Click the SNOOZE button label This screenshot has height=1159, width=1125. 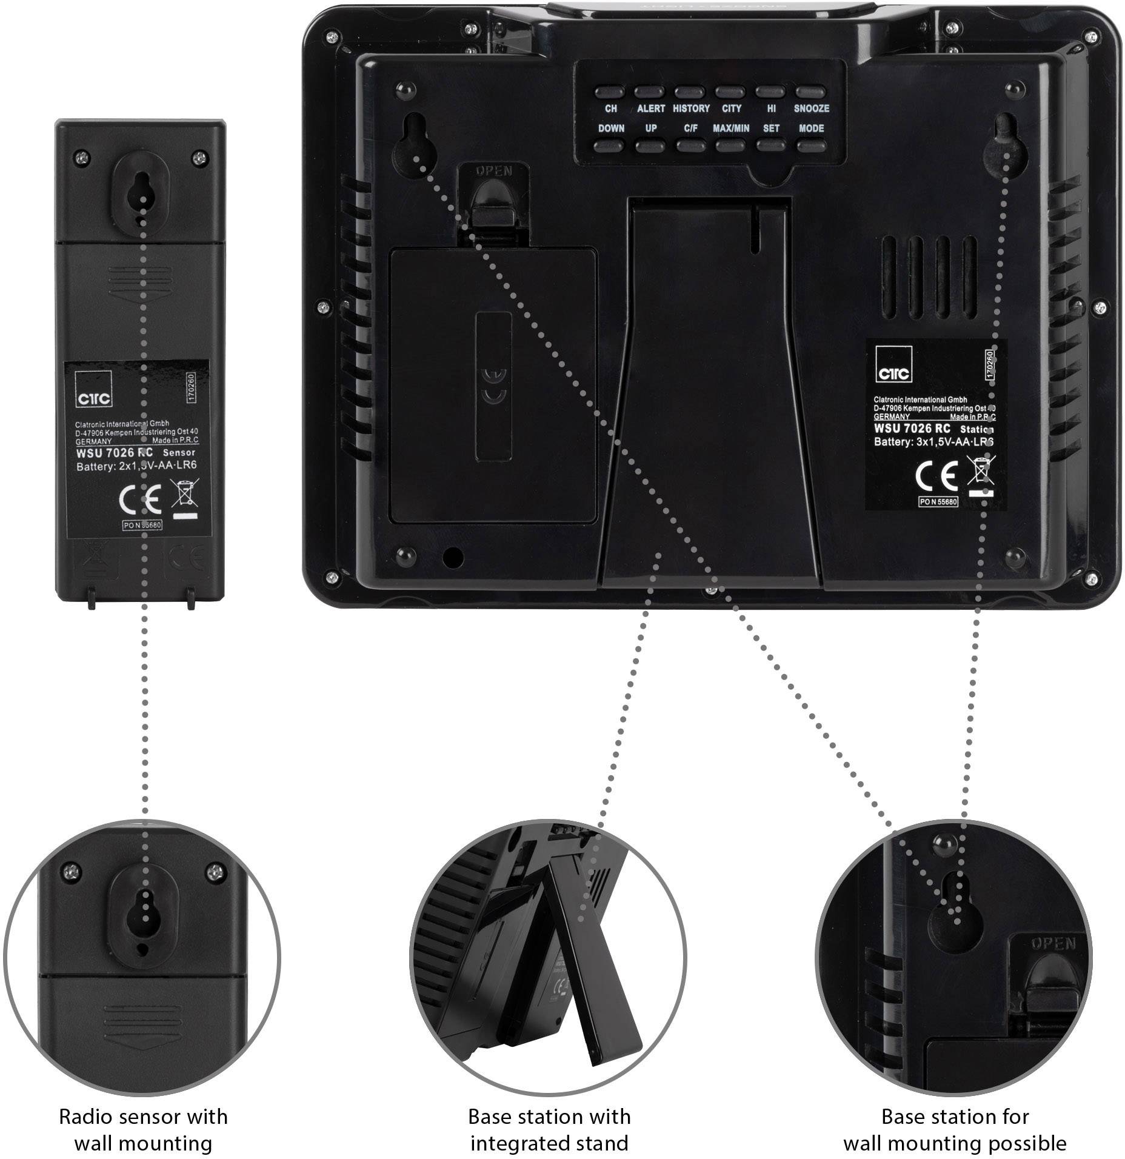pos(811,109)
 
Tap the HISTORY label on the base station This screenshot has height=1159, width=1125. pos(691,109)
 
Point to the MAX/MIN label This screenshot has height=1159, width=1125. pos(730,129)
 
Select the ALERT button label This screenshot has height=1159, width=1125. pos(650,109)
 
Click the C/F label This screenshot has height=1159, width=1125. pos(691,129)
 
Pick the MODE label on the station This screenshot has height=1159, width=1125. pos(811,129)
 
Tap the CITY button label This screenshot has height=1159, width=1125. pos(731,109)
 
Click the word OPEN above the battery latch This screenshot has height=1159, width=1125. pos(494,170)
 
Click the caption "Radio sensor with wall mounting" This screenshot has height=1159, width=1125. pos(143,1129)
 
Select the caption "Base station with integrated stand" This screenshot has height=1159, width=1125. pos(549,1129)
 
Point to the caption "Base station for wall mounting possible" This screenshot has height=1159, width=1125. pos(955,1129)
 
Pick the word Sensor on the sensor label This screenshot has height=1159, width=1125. pos(179,452)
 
